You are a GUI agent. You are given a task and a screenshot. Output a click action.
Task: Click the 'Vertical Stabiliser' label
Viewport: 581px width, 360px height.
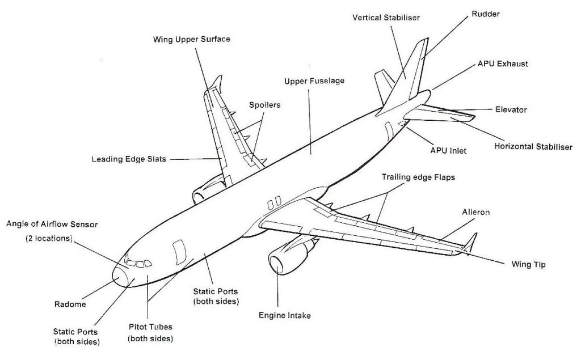pyautogui.click(x=386, y=18)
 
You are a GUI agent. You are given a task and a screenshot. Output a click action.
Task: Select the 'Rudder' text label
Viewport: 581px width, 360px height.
pyautogui.click(x=485, y=14)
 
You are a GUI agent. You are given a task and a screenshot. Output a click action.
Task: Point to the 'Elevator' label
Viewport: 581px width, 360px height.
pyautogui.click(x=511, y=109)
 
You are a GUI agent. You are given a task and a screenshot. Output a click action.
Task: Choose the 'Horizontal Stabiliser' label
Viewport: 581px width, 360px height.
pyautogui.click(x=533, y=146)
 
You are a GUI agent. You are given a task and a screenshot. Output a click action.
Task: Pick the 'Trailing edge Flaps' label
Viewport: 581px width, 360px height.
pyautogui.click(x=418, y=177)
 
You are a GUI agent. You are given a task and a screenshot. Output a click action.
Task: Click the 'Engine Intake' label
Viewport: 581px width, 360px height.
pyautogui.click(x=284, y=315)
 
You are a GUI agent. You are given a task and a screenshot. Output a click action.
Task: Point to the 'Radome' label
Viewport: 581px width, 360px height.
pyautogui.click(x=70, y=304)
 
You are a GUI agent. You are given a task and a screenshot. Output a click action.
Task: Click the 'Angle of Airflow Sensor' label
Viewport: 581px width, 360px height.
pyautogui.click(x=52, y=225)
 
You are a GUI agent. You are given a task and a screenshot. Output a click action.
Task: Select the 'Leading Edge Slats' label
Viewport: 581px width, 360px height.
pyautogui.click(x=129, y=159)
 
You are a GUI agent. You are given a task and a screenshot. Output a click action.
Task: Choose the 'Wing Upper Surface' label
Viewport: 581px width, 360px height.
pyautogui.click(x=191, y=40)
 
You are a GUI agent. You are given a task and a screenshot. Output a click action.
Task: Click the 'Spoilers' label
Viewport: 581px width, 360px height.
pyautogui.click(x=264, y=105)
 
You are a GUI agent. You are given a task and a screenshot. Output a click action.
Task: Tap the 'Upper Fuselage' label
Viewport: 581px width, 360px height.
pyautogui.click(x=314, y=81)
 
